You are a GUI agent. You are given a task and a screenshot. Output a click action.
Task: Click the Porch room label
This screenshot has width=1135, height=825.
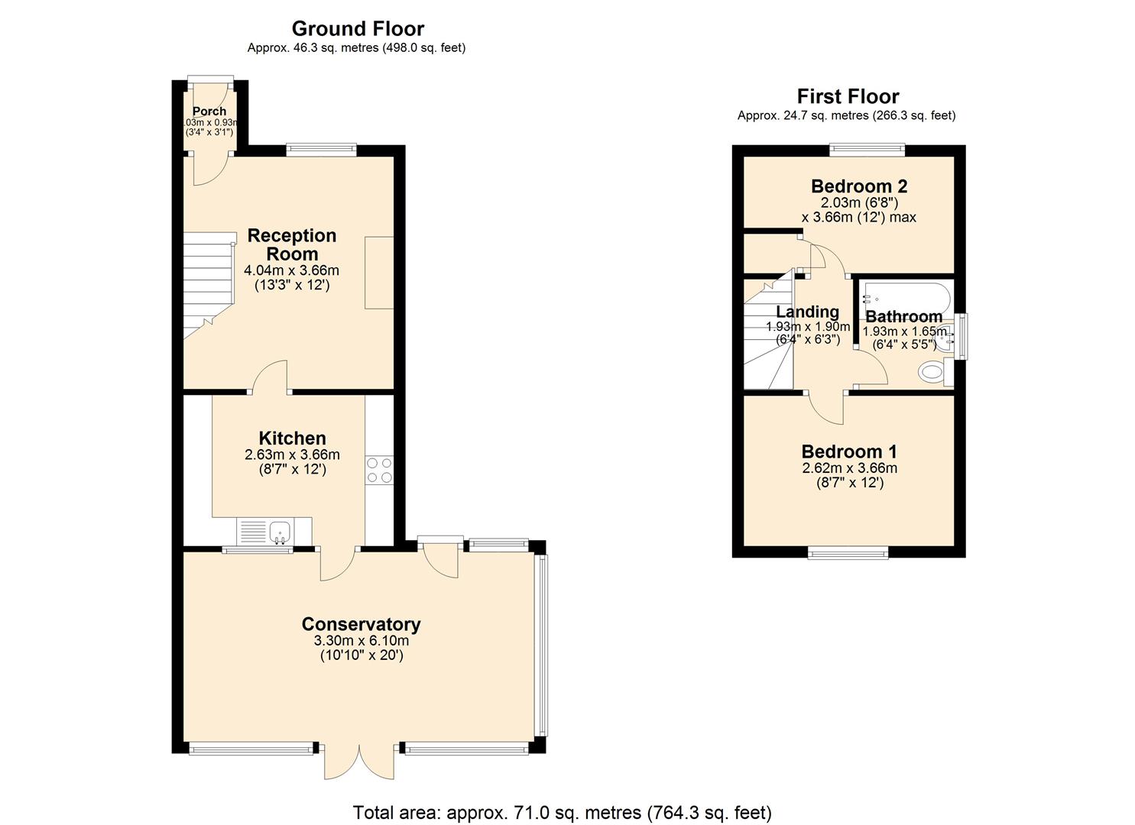coord(209,112)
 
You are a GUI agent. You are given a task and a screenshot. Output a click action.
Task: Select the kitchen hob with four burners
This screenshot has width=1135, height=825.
coord(379,470)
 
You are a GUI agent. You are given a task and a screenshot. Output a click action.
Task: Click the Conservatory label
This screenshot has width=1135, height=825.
coord(361,624)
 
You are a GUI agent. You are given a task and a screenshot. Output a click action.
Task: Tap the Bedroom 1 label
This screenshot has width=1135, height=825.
coord(849,451)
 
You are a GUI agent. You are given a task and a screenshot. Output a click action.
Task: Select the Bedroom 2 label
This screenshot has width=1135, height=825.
coord(858,186)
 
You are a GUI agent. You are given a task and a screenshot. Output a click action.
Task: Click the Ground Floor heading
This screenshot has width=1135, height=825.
coord(357,29)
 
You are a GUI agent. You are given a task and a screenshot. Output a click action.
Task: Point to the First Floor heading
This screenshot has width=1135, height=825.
coord(847,96)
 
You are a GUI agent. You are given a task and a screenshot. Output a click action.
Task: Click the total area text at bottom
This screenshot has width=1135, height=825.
coord(562,812)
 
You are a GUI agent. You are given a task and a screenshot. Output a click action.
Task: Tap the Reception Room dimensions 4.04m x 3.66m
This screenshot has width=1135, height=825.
coord(291,270)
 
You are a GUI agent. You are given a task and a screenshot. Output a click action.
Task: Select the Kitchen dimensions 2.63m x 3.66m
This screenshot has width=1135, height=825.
coord(292,455)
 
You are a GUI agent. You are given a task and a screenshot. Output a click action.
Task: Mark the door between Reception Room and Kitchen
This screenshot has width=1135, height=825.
coord(270,378)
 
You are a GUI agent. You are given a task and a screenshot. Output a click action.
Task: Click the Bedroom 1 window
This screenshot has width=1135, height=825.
coord(848,552)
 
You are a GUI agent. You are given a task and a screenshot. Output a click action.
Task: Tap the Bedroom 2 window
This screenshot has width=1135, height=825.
coord(867,150)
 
